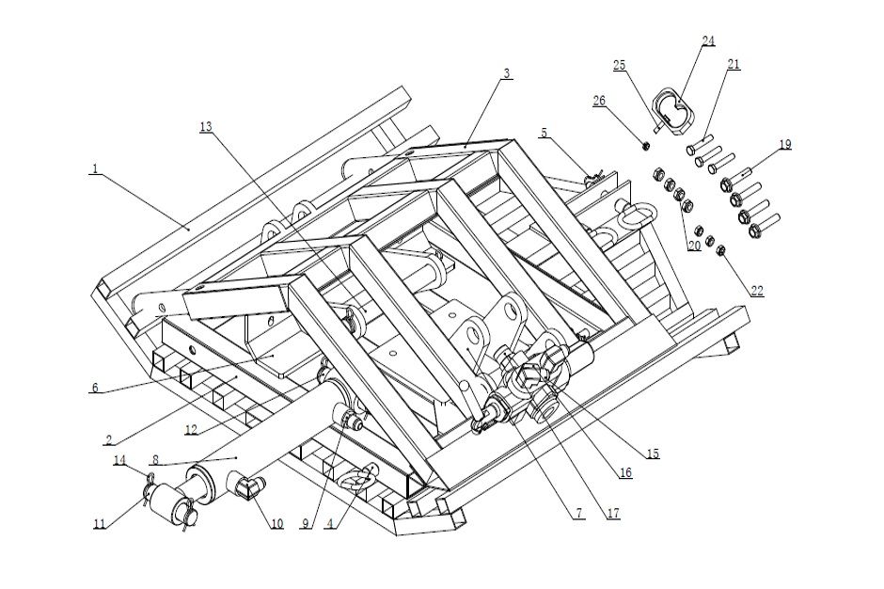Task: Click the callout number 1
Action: point(95,169)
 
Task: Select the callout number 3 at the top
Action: point(507,73)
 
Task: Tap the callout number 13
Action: point(206,126)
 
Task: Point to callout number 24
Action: point(708,40)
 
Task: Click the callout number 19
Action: point(784,144)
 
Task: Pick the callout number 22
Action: point(757,292)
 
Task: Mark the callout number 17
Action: point(612,515)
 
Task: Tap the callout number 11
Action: point(100,523)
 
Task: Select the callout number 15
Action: point(652,454)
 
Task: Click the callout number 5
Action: point(544,134)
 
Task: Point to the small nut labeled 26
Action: point(645,145)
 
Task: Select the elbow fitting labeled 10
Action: point(247,486)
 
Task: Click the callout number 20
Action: point(694,246)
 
